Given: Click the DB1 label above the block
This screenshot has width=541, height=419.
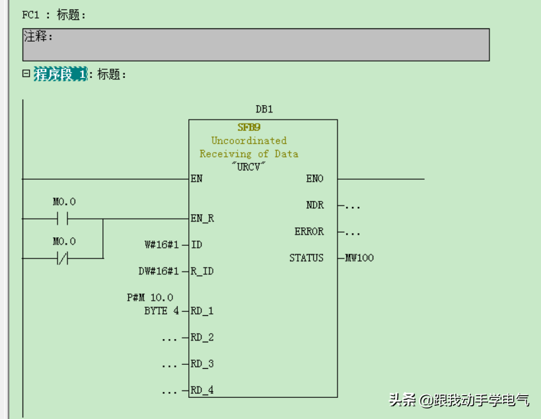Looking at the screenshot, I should tap(264, 109).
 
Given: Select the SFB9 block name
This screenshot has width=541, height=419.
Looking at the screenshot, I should tap(249, 127).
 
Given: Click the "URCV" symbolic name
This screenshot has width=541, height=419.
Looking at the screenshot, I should tap(249, 167).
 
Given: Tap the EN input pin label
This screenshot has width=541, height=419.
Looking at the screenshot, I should tap(197, 178).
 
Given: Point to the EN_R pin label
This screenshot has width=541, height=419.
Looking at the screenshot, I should tap(202, 218).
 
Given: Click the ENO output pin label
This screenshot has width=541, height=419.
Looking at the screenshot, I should tap(314, 178).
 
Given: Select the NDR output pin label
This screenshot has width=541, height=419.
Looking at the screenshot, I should tap(315, 205).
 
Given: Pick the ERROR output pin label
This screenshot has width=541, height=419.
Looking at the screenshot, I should tap(309, 231).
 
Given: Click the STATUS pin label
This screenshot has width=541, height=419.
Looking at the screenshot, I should tap(307, 258).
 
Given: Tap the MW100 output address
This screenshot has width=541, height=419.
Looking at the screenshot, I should tap(359, 258).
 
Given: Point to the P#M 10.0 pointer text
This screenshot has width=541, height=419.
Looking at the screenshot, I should tap(150, 297).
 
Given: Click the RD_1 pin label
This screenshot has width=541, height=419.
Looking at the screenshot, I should tap(202, 311).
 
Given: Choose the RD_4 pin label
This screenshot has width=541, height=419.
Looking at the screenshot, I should tap(202, 390).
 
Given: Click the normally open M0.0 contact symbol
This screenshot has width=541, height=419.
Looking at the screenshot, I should tap(64, 218).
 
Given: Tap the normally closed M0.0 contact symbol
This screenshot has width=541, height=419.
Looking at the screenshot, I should tap(64, 258).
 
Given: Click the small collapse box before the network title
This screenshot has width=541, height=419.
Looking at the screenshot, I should tap(26, 74).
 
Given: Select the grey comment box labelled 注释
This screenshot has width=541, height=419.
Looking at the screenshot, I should tap(256, 45).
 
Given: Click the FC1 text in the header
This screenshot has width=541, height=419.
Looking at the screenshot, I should tap(31, 15).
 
